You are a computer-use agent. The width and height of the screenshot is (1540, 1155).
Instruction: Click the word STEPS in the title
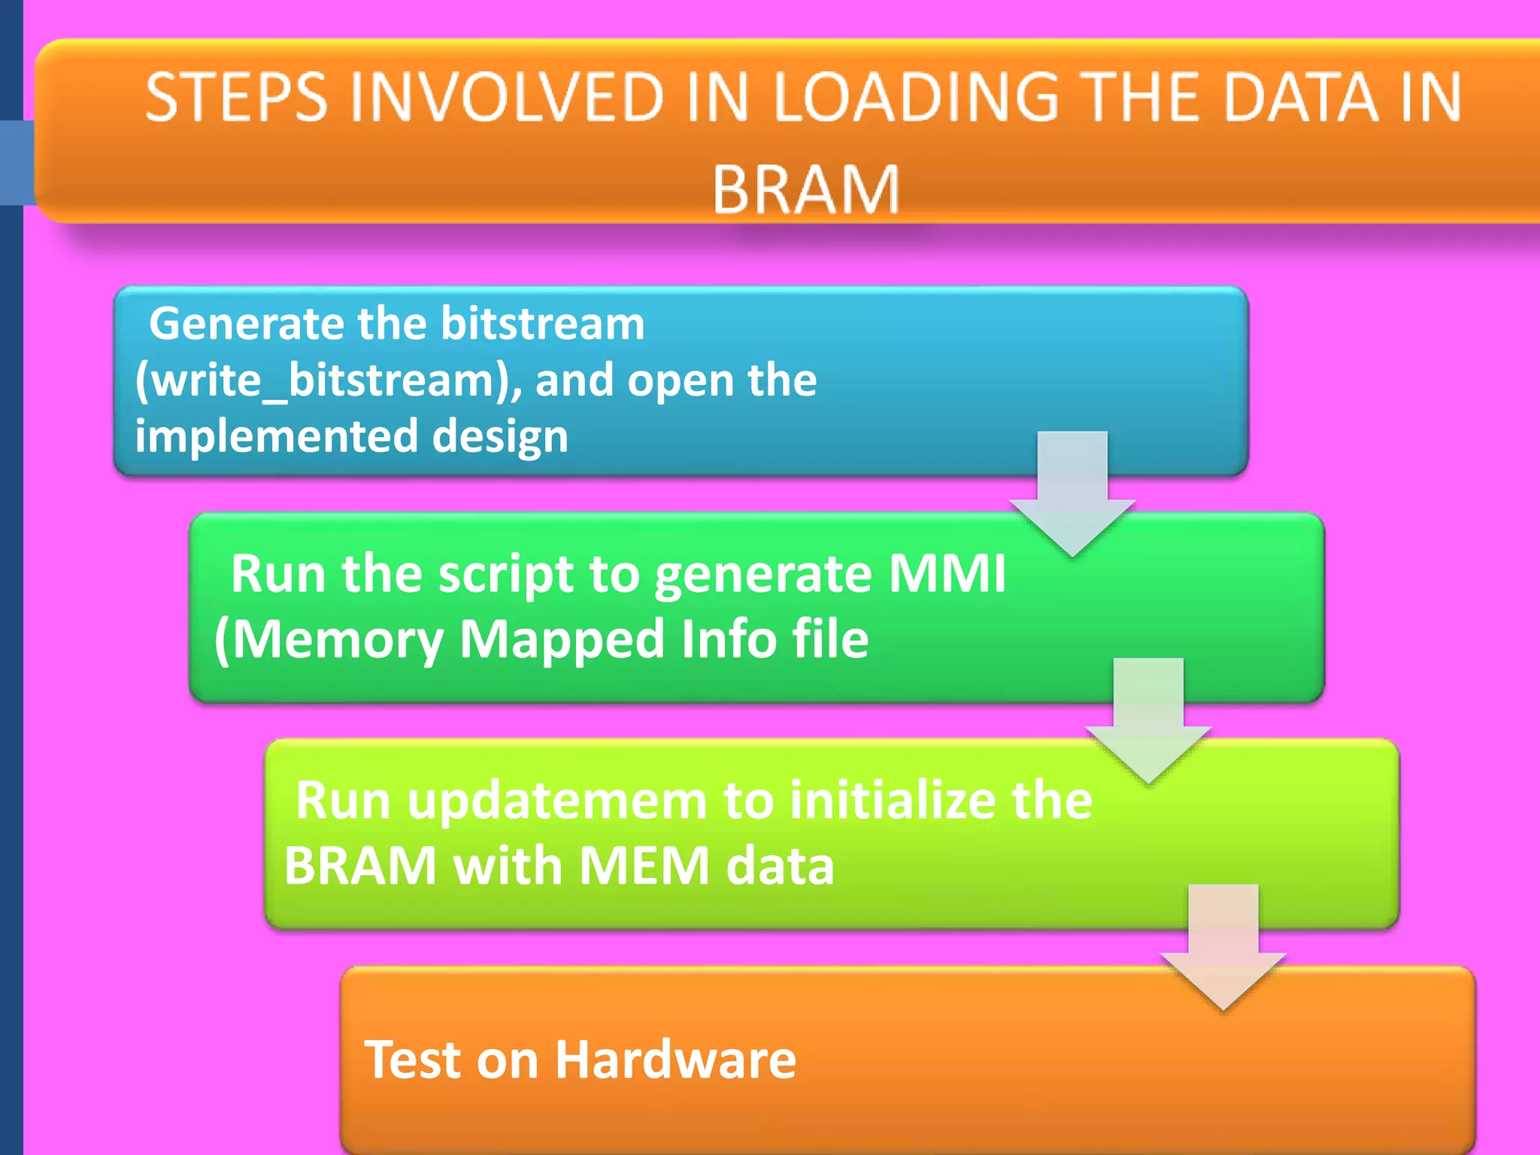(x=236, y=97)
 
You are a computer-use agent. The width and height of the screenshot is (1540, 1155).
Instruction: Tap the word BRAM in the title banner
(x=805, y=189)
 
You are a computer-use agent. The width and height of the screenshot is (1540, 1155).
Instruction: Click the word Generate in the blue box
(x=247, y=323)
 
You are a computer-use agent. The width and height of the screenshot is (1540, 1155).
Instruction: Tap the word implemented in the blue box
(x=277, y=436)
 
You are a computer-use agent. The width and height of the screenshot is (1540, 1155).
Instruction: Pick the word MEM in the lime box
(x=644, y=866)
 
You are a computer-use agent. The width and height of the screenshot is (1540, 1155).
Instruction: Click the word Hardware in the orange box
(x=675, y=1060)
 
